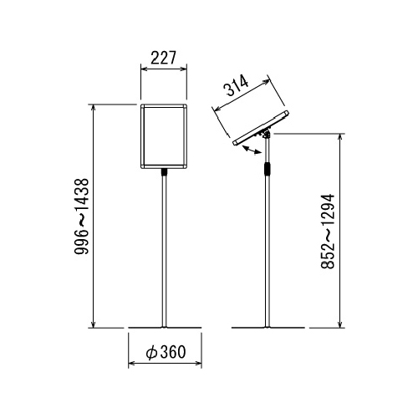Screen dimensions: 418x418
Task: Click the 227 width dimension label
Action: coord(164,58)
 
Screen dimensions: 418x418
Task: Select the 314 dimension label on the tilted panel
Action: coord(237,86)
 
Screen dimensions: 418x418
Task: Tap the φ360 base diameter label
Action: coord(166,352)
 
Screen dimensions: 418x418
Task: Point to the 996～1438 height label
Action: coord(82,217)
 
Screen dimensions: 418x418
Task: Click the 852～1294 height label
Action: coord(327,232)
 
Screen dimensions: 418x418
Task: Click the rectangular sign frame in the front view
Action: coord(164,136)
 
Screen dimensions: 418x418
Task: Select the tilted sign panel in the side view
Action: coord(261,128)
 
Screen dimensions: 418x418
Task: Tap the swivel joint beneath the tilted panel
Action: coord(266,135)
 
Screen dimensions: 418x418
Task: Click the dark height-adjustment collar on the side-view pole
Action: coord(268,168)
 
